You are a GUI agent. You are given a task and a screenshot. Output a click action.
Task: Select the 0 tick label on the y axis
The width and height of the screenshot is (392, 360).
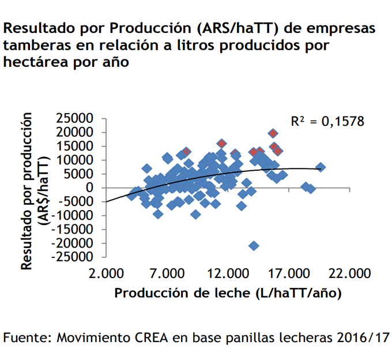pos(89,187)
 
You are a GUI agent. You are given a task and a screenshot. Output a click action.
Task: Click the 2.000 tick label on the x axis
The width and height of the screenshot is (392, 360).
pos(105,273)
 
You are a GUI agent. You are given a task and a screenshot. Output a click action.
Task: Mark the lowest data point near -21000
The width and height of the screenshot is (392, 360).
pos(254,246)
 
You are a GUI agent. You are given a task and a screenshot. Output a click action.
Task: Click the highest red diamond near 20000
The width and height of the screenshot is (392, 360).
pos(273,134)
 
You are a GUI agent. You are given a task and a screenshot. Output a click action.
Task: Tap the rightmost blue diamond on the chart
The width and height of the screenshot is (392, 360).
pos(321,167)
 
